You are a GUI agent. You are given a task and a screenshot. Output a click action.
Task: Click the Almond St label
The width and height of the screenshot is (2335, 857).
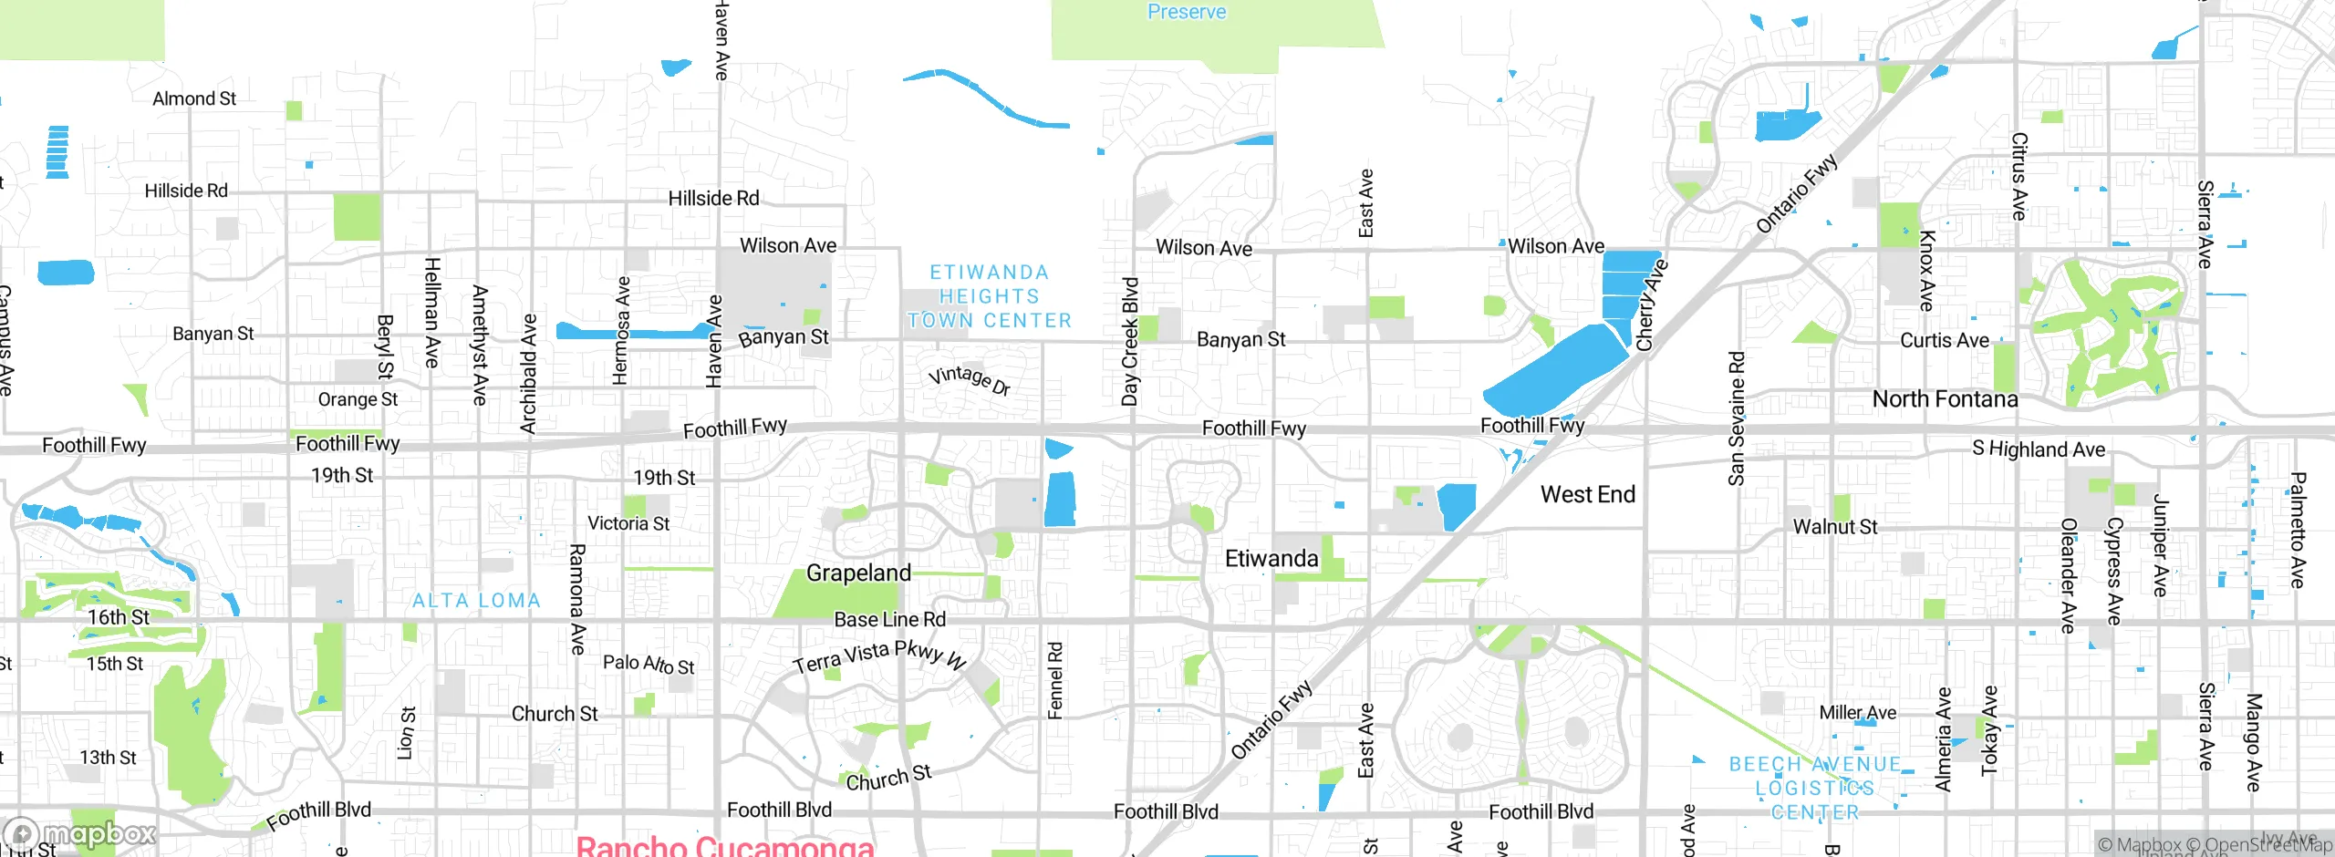click(x=193, y=98)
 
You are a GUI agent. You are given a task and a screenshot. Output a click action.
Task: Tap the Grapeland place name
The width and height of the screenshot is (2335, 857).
click(x=858, y=573)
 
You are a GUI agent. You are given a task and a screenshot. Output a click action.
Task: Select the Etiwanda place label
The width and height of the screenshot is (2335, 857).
click(x=1271, y=558)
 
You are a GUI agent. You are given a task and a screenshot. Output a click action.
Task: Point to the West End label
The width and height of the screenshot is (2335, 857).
click(x=1587, y=494)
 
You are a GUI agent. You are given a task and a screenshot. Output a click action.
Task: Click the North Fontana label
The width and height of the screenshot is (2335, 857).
click(x=1945, y=398)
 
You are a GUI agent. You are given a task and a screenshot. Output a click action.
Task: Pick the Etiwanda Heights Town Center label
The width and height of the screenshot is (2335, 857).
click(x=990, y=296)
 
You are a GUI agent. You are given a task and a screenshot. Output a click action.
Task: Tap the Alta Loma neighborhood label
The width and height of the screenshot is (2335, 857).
click(x=476, y=601)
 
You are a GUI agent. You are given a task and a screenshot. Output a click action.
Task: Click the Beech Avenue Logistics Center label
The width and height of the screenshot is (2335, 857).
click(x=1815, y=788)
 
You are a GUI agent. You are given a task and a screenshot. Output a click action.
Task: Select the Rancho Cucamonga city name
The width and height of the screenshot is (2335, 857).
click(x=725, y=845)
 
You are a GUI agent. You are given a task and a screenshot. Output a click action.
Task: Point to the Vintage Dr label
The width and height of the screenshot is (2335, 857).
click(x=969, y=379)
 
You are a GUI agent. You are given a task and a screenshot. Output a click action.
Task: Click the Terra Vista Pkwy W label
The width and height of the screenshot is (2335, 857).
click(x=879, y=656)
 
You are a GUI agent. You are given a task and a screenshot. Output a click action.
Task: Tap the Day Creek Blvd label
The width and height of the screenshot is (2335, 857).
click(x=1130, y=341)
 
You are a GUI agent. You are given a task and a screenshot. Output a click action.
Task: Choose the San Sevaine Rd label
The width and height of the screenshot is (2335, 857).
click(x=1736, y=418)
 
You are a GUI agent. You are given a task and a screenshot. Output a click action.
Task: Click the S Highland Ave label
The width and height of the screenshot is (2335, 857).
click(x=2039, y=449)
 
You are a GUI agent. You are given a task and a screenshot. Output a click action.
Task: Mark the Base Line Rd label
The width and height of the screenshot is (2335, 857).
click(x=889, y=620)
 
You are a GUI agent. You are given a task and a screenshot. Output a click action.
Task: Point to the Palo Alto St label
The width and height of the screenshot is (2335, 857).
click(x=649, y=664)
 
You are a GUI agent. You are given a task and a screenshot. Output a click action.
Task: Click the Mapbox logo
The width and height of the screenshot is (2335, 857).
click(x=79, y=833)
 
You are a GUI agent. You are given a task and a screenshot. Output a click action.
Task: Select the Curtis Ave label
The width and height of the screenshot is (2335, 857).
click(x=1944, y=340)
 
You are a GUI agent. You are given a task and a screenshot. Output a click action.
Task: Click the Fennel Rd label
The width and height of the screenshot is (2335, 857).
click(x=1055, y=680)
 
